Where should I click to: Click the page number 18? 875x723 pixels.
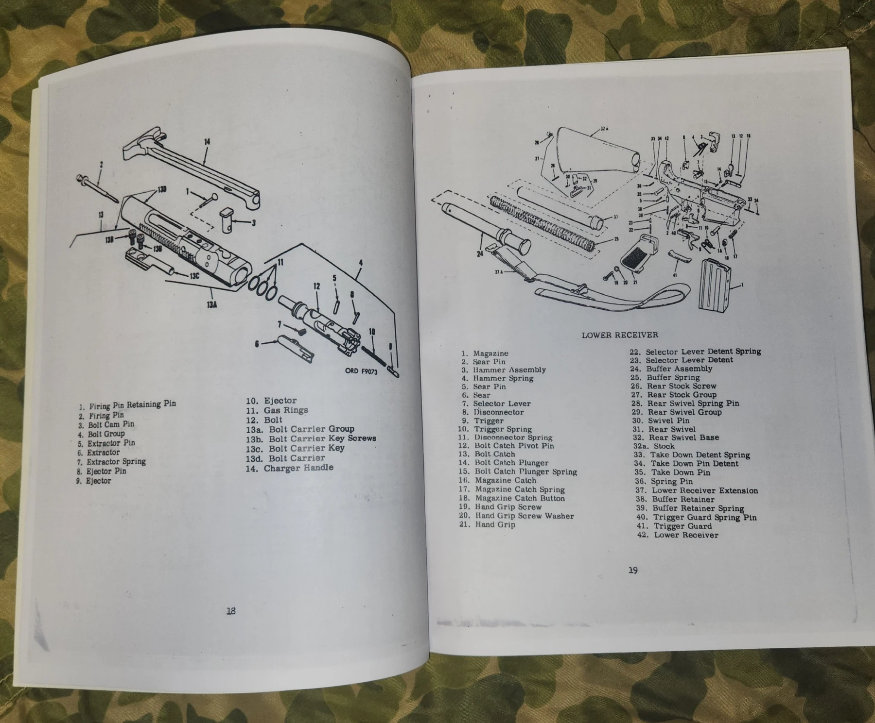[231, 611]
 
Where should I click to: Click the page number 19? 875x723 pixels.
[632, 570]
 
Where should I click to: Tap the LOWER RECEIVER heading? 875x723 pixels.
[620, 335]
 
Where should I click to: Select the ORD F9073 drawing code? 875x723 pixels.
[361, 371]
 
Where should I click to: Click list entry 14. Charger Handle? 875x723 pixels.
[290, 468]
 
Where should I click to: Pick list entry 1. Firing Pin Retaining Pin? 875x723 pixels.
[127, 404]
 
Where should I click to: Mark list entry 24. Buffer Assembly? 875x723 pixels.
[671, 369]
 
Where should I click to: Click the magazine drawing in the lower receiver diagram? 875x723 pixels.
[715, 285]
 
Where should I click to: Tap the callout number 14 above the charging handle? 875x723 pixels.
[207, 142]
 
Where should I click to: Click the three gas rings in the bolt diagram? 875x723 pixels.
[263, 286]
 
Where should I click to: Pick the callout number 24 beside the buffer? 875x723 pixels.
[480, 253]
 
